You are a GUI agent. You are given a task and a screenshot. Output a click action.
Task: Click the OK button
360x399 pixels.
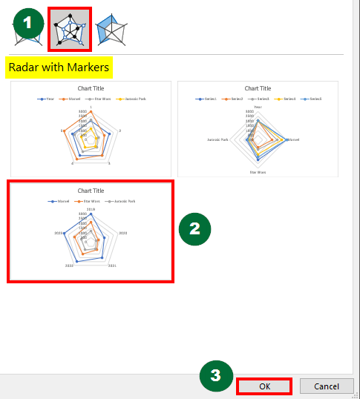point(264,386)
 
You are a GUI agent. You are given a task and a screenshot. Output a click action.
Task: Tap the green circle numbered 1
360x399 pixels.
point(27,23)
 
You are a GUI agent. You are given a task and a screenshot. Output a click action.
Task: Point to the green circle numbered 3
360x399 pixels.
point(215,375)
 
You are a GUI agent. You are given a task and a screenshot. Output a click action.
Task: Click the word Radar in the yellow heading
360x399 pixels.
point(22,68)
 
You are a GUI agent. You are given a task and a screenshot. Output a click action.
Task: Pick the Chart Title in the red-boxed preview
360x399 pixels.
point(91,191)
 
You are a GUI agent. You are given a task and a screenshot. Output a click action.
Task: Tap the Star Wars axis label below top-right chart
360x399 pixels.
point(258,172)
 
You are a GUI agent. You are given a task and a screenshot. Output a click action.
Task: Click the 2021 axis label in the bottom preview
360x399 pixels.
point(112,265)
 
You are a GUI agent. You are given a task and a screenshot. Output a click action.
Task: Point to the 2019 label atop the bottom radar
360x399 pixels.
point(91,209)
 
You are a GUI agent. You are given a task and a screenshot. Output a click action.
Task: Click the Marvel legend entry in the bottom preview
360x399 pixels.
point(63,201)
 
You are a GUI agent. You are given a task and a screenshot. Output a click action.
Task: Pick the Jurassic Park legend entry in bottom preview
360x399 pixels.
point(122,201)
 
